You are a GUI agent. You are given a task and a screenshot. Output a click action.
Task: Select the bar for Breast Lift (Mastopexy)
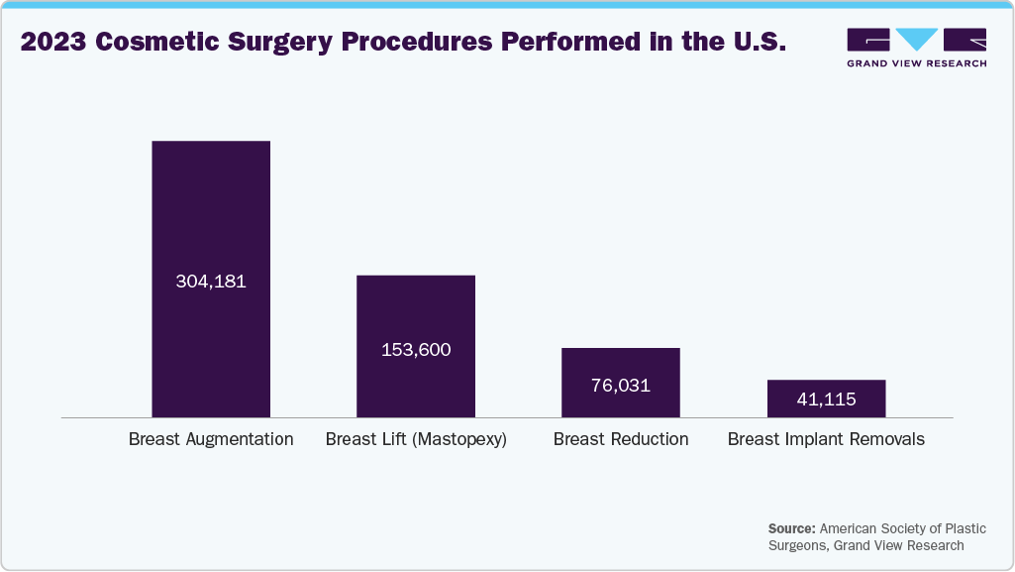click(416, 307)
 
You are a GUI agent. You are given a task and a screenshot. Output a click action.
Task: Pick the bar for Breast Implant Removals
click(826, 387)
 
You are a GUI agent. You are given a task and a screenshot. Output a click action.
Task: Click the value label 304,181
click(210, 282)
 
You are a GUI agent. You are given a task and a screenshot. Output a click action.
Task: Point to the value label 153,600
click(416, 350)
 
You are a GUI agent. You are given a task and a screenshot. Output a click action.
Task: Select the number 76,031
click(621, 386)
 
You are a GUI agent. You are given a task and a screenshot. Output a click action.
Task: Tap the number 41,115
click(826, 400)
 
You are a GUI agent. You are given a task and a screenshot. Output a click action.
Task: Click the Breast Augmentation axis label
click(211, 439)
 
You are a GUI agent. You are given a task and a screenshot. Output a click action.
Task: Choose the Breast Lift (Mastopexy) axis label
click(416, 439)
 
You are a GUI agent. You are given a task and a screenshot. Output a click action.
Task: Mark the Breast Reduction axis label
click(621, 439)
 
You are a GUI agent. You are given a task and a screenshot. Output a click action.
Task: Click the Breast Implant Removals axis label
click(826, 439)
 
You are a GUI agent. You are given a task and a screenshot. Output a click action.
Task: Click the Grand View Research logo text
click(916, 63)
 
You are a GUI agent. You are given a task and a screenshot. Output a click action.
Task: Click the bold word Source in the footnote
click(789, 528)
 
